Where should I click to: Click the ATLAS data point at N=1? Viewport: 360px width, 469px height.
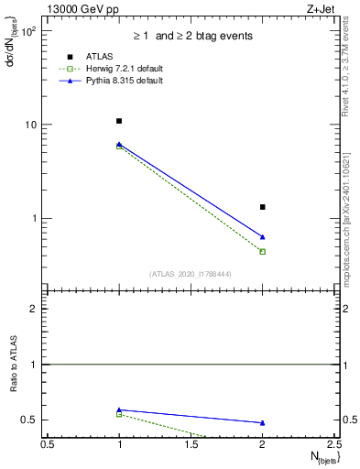point(119,121)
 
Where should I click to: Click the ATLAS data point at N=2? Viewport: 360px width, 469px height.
point(263,207)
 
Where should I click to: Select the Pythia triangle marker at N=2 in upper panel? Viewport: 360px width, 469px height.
point(263,237)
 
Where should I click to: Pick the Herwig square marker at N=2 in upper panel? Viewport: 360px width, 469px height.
point(263,251)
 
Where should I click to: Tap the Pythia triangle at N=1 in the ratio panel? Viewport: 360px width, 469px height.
point(119,409)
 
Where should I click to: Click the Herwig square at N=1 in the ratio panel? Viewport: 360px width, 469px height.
point(119,414)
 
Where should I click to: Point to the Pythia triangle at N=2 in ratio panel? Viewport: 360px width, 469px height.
point(263,423)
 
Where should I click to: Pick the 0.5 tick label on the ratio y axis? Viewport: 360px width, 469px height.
point(35,420)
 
